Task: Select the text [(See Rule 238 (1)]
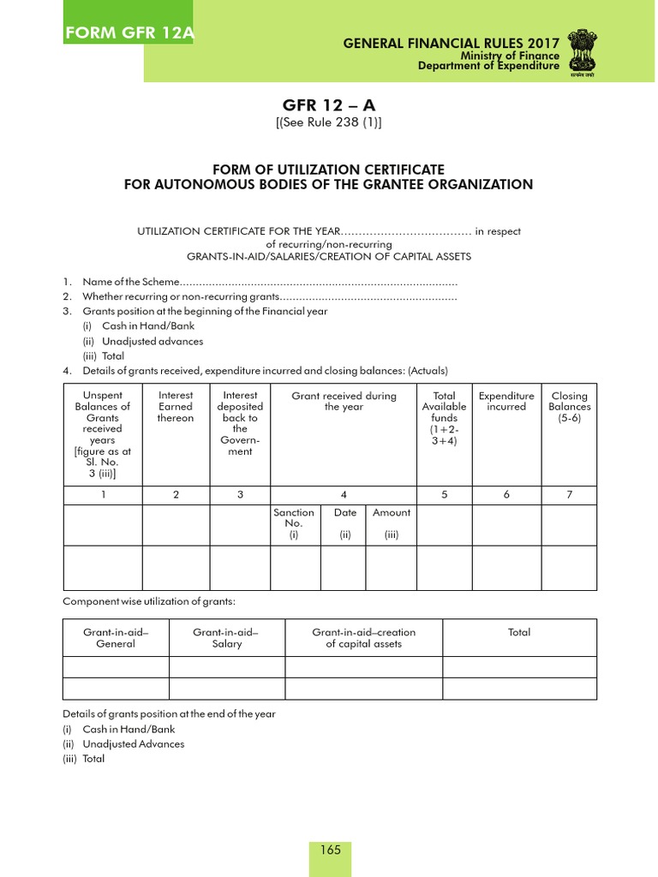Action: point(328,122)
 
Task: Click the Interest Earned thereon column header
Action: point(176,407)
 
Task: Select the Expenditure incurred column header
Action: point(506,402)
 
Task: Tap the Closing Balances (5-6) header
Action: point(570,407)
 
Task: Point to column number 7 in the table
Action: point(570,494)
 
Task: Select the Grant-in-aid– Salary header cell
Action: point(226,638)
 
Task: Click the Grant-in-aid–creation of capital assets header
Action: point(363,638)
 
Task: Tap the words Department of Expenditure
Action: point(488,67)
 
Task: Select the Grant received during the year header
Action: point(344,402)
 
